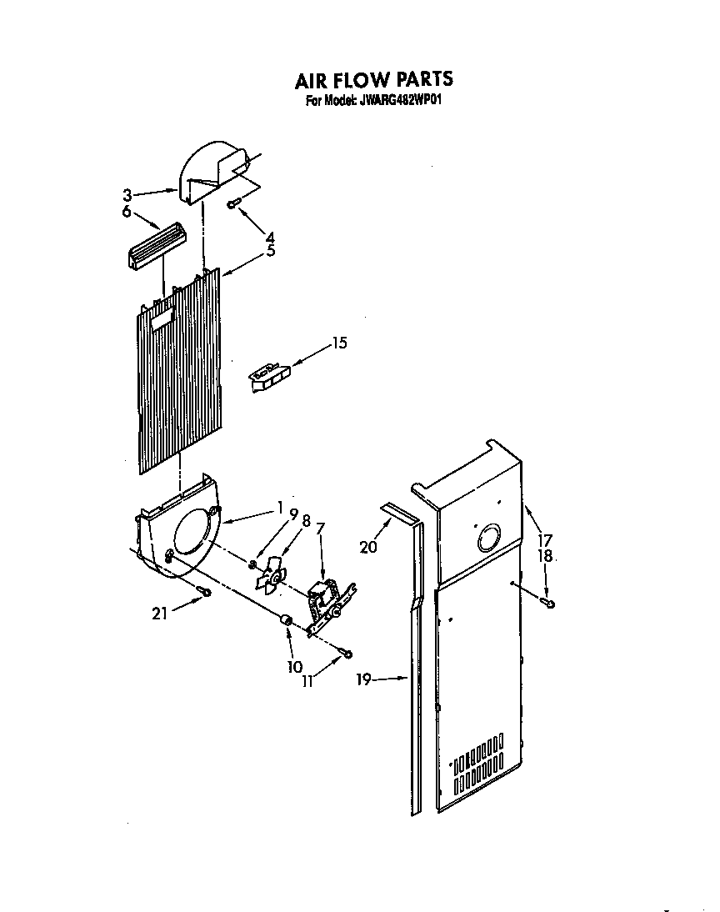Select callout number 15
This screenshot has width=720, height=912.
click(x=338, y=343)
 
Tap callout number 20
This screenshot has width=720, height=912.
click(x=368, y=547)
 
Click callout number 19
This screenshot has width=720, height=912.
click(x=362, y=679)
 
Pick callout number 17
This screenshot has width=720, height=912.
click(x=544, y=539)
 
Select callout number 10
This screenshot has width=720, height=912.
click(x=293, y=666)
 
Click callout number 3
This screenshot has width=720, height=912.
click(x=127, y=196)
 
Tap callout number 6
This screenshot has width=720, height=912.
click(x=127, y=213)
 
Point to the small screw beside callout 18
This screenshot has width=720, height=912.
click(x=548, y=601)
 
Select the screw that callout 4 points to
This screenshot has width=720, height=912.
click(x=234, y=203)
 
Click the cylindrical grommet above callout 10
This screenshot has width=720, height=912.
click(x=286, y=620)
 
